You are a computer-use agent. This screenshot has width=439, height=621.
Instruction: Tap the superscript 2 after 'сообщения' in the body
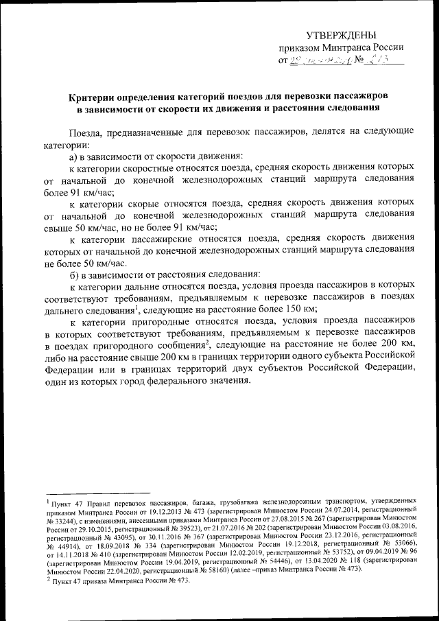click(206, 343)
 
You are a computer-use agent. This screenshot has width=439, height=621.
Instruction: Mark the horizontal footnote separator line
click(96, 493)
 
